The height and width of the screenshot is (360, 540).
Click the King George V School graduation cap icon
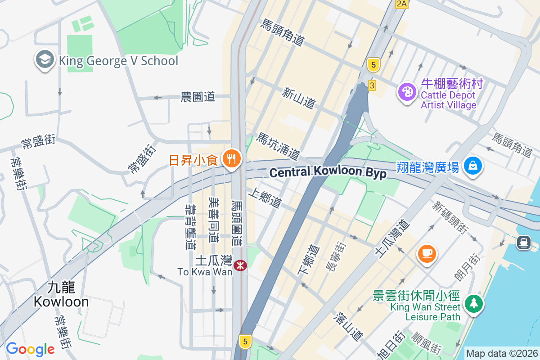click(x=45, y=59)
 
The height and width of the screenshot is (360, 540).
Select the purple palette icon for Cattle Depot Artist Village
click(x=407, y=92)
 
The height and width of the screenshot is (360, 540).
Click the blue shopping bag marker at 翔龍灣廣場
click(x=473, y=166)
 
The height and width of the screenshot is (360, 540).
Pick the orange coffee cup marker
click(x=427, y=253)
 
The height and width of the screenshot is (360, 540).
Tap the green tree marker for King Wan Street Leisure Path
click(x=473, y=303)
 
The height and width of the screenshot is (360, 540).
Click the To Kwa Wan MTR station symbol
click(x=240, y=265)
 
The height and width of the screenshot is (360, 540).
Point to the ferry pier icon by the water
click(x=523, y=243)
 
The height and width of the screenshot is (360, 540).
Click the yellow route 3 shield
click(x=372, y=85)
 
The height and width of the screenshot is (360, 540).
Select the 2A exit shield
click(x=401, y=4)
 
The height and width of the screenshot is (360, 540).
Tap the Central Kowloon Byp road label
click(x=328, y=172)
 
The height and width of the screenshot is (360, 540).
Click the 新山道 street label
click(x=299, y=98)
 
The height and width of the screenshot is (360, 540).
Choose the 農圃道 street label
click(x=198, y=97)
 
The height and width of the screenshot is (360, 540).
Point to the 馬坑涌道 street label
click(x=278, y=146)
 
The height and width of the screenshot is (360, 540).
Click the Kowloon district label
click(x=61, y=294)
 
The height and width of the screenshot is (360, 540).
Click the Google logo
click(x=30, y=349)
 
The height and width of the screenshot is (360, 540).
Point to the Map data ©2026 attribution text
click(x=502, y=353)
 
